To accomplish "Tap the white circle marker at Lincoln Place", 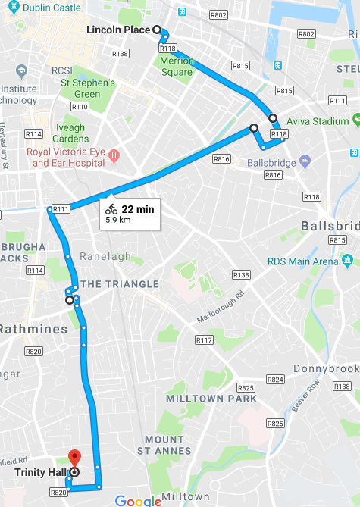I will tap(157, 30).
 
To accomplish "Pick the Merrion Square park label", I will tap(177, 66).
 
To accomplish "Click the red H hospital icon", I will tap(114, 156).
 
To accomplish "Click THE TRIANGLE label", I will tap(120, 284).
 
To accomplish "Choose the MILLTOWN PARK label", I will tap(223, 399).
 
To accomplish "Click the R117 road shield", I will tap(203, 340).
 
